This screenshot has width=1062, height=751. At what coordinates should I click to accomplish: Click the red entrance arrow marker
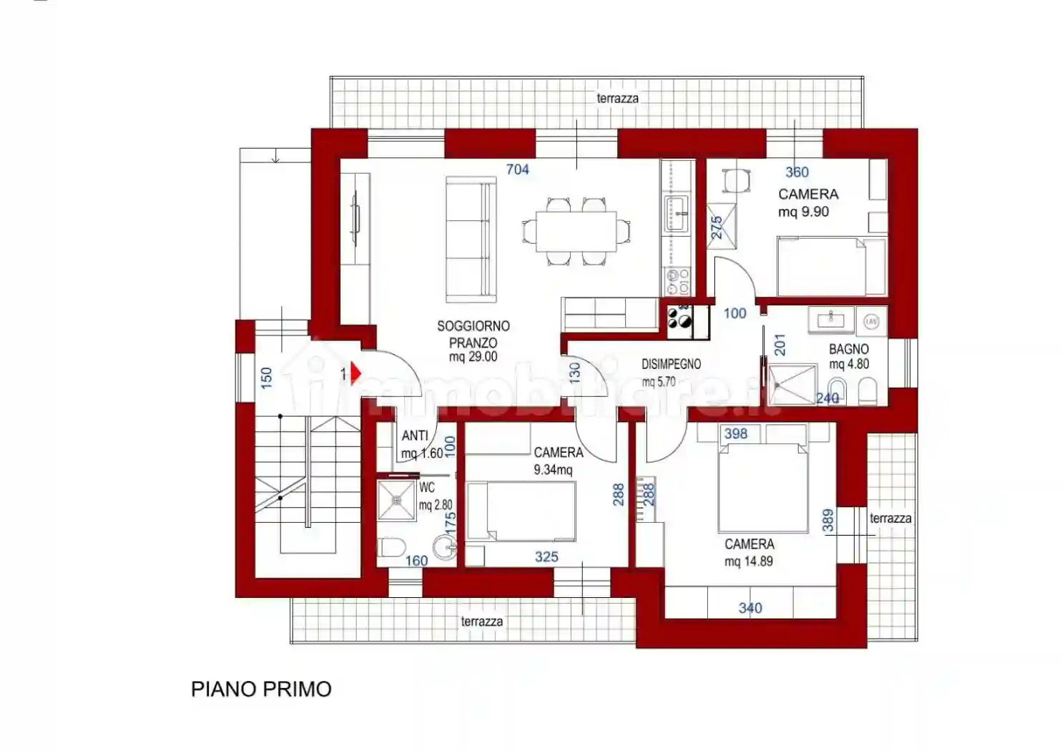click(355, 373)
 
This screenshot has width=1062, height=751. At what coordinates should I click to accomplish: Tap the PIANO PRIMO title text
click(261, 689)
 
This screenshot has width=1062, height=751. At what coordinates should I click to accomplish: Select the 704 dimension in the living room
click(517, 170)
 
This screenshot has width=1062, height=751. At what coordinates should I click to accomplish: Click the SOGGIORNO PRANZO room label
click(473, 334)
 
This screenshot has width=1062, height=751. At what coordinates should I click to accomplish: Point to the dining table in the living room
click(576, 231)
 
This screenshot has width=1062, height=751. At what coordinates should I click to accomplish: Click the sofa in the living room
click(471, 240)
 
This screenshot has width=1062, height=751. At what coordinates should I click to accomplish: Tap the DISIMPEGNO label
click(671, 364)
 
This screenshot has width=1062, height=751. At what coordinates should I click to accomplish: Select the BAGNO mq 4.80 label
click(849, 356)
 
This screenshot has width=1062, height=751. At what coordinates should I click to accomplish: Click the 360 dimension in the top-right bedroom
click(797, 172)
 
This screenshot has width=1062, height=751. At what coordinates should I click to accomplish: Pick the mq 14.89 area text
click(749, 561)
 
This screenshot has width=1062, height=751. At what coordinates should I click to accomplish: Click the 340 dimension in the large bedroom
click(750, 608)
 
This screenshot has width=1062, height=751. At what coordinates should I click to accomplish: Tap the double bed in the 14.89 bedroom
click(762, 486)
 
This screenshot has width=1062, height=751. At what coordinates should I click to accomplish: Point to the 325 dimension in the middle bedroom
click(546, 556)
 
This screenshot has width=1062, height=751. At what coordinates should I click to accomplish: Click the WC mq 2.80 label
click(435, 496)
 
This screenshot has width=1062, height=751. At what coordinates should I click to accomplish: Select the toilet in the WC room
click(391, 549)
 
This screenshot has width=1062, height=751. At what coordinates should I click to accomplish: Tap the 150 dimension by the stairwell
click(266, 378)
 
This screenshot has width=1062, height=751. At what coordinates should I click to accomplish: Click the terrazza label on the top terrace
click(617, 98)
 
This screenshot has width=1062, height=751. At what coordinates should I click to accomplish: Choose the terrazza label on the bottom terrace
click(481, 622)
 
